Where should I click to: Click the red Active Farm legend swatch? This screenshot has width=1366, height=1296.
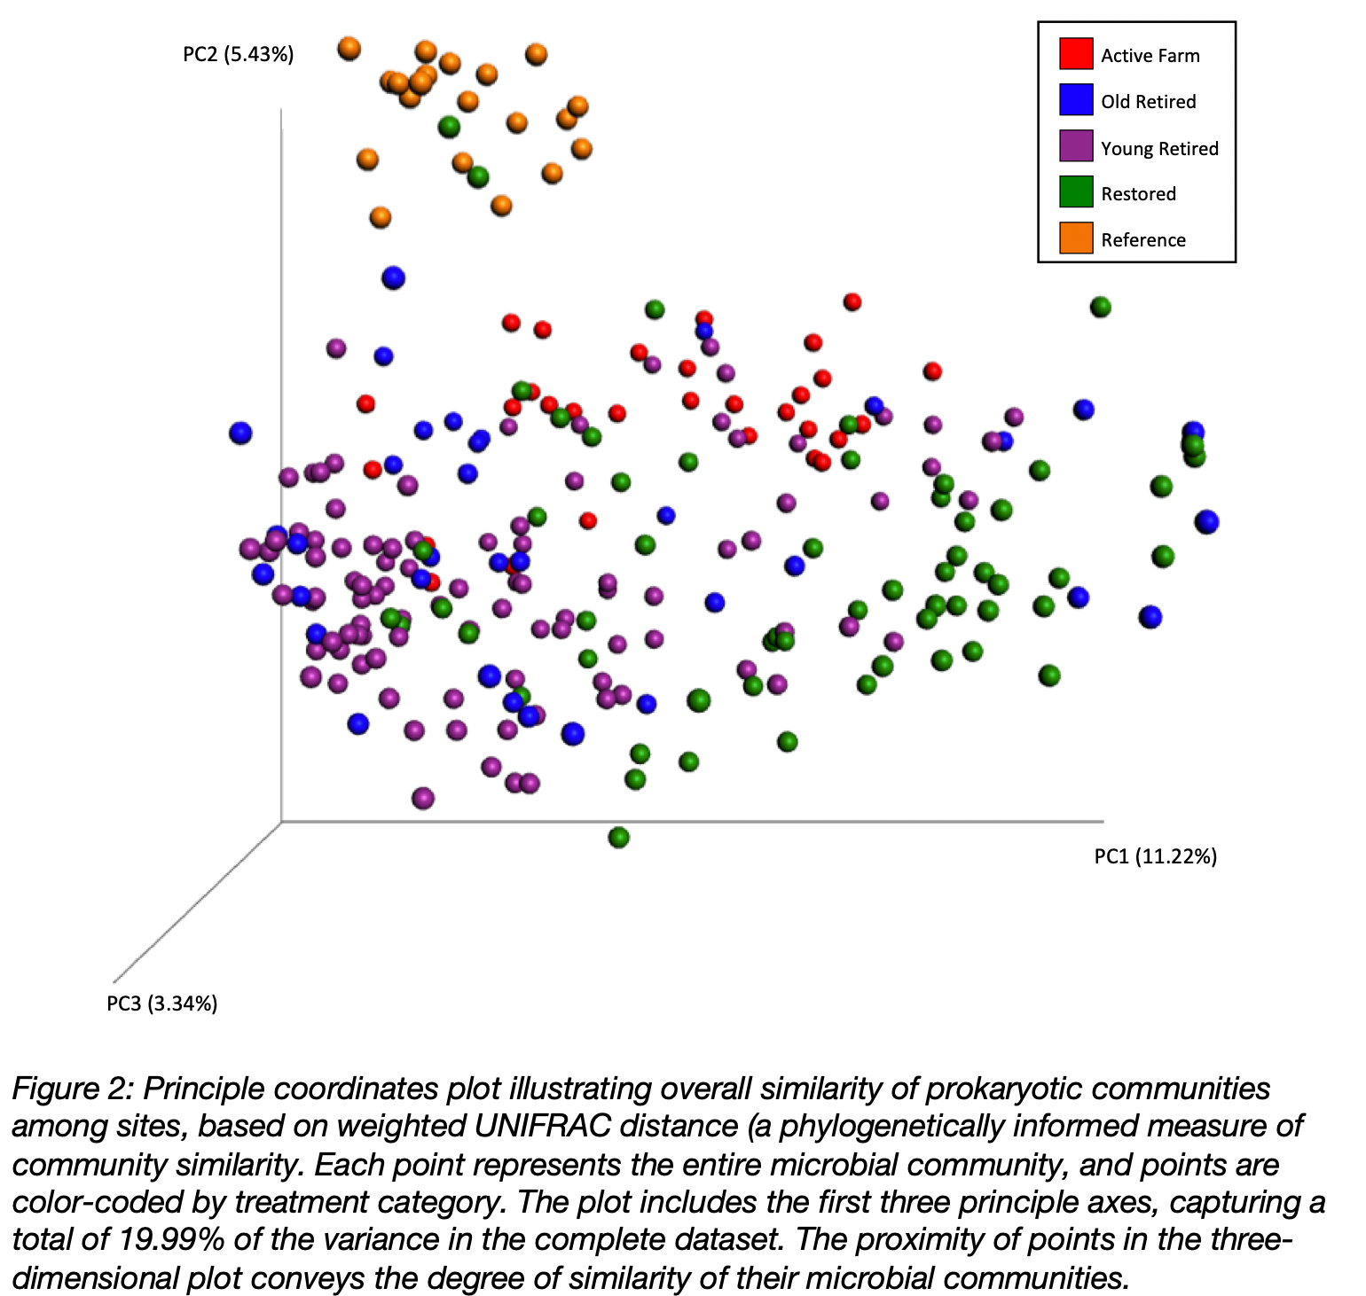pyautogui.click(x=1075, y=53)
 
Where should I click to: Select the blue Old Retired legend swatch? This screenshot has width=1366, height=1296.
pyautogui.click(x=1075, y=99)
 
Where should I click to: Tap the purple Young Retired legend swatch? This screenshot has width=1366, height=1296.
pyautogui.click(x=1075, y=145)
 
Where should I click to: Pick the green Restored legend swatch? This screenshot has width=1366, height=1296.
pyautogui.click(x=1075, y=191)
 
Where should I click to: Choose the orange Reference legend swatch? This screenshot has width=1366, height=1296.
pyautogui.click(x=1075, y=238)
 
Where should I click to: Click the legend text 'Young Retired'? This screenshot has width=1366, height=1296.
pyautogui.click(x=1159, y=148)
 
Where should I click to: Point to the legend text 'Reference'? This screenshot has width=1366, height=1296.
pyautogui.click(x=1142, y=239)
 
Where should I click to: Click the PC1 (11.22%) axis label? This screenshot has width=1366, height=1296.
pyautogui.click(x=1155, y=855)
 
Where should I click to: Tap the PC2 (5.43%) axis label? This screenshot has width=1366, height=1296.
pyautogui.click(x=238, y=54)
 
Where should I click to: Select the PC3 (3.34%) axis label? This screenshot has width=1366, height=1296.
pyautogui.click(x=161, y=1003)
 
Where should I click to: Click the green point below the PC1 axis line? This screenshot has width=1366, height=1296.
pyautogui.click(x=619, y=837)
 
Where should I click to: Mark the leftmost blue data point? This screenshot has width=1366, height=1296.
pyautogui.click(x=240, y=433)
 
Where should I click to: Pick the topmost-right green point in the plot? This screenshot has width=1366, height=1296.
pyautogui.click(x=1101, y=307)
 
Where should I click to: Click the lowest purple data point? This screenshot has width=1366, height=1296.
pyautogui.click(x=423, y=798)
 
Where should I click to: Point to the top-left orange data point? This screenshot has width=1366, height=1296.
pyautogui.click(x=349, y=48)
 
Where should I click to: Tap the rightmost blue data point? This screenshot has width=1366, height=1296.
pyautogui.click(x=1206, y=521)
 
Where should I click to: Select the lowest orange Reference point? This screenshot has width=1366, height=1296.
pyautogui.click(x=381, y=216)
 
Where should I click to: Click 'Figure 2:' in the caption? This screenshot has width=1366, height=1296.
pyautogui.click(x=73, y=1088)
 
